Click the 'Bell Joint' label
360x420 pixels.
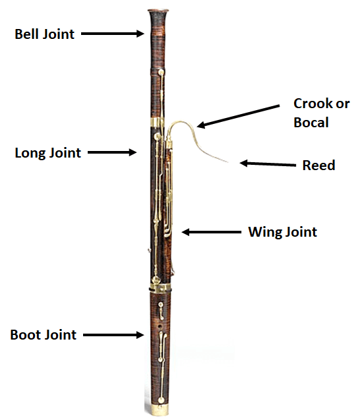(x=44, y=34)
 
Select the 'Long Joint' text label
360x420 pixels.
(x=47, y=153)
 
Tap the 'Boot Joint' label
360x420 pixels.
(x=43, y=335)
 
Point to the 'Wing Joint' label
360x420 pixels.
(x=283, y=232)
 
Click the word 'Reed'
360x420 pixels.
(x=318, y=165)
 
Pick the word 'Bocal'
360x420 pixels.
(x=311, y=123)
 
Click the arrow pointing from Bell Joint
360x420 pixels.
(x=113, y=34)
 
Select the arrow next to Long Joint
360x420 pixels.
(x=112, y=152)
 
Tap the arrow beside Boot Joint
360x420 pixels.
(x=113, y=335)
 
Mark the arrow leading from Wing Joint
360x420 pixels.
(x=212, y=232)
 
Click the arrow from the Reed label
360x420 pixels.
(x=268, y=164)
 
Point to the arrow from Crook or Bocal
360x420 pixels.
(x=238, y=116)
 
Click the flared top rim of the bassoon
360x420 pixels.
(x=158, y=11)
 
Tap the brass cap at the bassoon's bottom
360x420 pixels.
(x=160, y=409)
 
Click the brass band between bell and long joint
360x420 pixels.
(x=157, y=122)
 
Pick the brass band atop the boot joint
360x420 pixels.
(x=160, y=288)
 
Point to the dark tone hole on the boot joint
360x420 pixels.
(x=160, y=326)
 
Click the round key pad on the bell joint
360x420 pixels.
(x=161, y=72)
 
